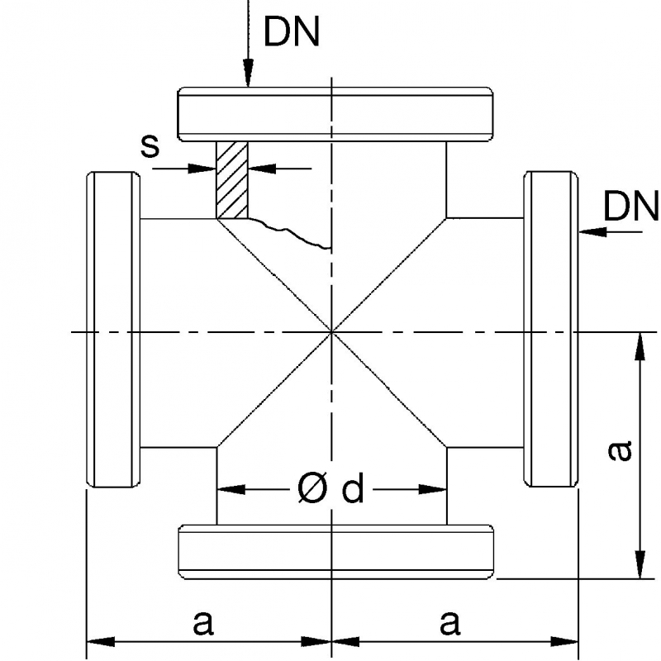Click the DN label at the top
pos(291,31)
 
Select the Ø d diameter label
pos(330,489)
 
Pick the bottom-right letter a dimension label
pos(449,621)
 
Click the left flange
pos(112,330)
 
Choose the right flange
pos(549,330)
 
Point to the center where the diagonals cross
pos(331,332)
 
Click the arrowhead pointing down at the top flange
pos(247,76)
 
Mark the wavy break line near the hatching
pos(289,234)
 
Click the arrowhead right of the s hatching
pos(261,169)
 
